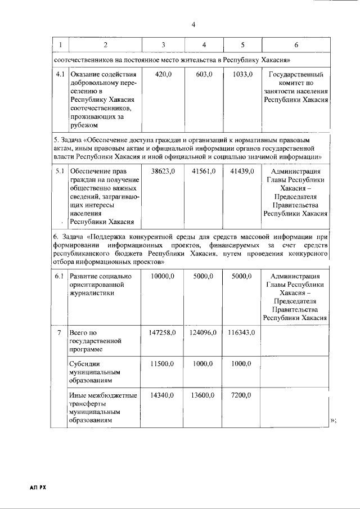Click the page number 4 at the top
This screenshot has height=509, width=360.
coord(193,25)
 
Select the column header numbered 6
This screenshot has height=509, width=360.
coord(296,44)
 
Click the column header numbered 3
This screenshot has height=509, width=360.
coord(163,44)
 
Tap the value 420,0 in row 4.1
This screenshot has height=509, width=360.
coord(163,74)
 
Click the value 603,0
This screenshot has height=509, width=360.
coord(204,74)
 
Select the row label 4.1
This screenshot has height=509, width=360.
coord(59,74)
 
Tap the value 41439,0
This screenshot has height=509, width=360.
coord(242,171)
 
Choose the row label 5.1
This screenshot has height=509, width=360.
coord(59,171)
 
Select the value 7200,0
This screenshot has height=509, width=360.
coord(242,395)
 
